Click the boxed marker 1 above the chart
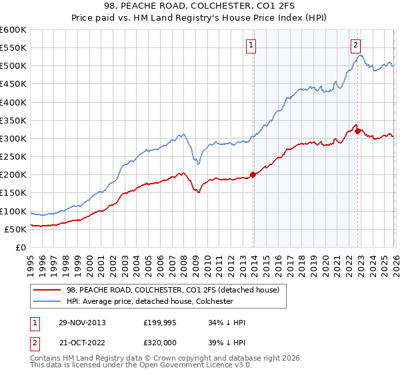[251, 45]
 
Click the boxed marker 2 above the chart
[355, 45]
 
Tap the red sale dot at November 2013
[253, 175]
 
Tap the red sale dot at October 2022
[358, 131]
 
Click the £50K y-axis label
[16, 229]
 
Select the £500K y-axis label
[13, 66]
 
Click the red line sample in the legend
[48, 289]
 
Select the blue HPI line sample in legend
[48, 301]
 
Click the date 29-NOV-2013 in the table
[79, 323]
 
